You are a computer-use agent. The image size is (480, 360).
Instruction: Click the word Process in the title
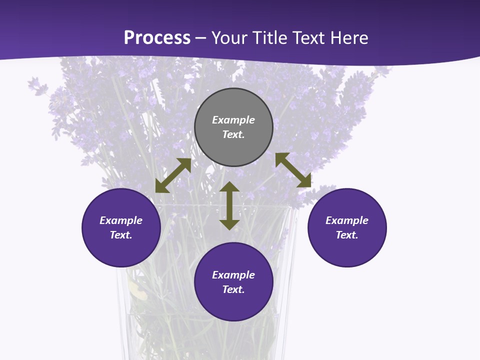pyautogui.click(x=157, y=38)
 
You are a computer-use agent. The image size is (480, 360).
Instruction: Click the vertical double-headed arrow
pyautogui.click(x=229, y=205)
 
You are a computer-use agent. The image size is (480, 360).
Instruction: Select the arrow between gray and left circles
pyautogui.click(x=173, y=175)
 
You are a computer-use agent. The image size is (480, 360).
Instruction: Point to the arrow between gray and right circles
pyautogui.click(x=293, y=170)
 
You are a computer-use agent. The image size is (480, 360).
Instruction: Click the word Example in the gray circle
pyautogui.click(x=233, y=120)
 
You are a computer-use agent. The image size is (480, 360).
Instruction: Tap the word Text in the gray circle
pyautogui.click(x=233, y=134)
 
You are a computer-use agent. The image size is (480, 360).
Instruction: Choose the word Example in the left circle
pyautogui.click(x=121, y=220)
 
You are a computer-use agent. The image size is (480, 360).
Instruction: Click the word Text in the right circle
pyautogui.click(x=347, y=235)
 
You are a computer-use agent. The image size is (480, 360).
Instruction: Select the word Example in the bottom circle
pyautogui.click(x=233, y=275)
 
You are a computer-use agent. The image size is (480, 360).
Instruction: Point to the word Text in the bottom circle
pyautogui.click(x=233, y=289)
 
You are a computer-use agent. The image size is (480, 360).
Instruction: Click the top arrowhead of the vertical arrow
pyautogui.click(x=229, y=186)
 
